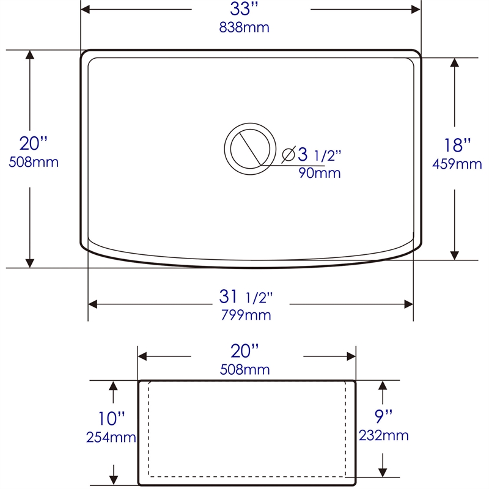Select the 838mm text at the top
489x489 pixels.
[244, 28]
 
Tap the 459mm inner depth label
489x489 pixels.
[457, 164]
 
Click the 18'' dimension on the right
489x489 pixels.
[457, 145]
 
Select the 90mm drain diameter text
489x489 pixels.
[319, 174]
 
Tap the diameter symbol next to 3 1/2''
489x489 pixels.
[289, 155]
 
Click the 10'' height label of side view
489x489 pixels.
[112, 419]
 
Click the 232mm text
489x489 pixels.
[384, 435]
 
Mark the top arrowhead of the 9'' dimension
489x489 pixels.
[383, 386]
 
